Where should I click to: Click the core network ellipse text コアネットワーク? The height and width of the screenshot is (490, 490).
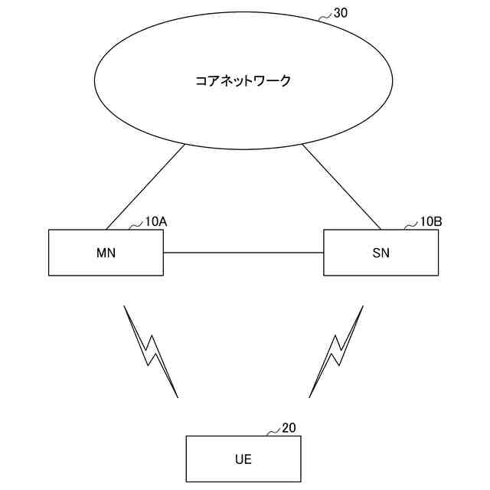coord(243,80)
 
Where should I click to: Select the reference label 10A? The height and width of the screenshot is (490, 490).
coord(156,222)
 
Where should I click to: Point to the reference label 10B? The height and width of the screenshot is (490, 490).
coord(431,222)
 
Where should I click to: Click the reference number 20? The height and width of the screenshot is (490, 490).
coord(289,428)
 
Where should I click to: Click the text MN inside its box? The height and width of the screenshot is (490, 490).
coord(106,253)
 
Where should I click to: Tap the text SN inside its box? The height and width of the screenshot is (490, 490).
coord(381,253)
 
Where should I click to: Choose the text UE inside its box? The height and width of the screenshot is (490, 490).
coord(243,459)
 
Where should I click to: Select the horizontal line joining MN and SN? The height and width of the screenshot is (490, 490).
coord(243,253)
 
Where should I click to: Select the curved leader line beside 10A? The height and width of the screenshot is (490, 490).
coord(136,225)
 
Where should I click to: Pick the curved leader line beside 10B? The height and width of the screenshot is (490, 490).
coord(412,225)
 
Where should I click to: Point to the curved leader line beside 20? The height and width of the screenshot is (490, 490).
coord(273,432)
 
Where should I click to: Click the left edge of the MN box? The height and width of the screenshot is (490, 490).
coord(48,253)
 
